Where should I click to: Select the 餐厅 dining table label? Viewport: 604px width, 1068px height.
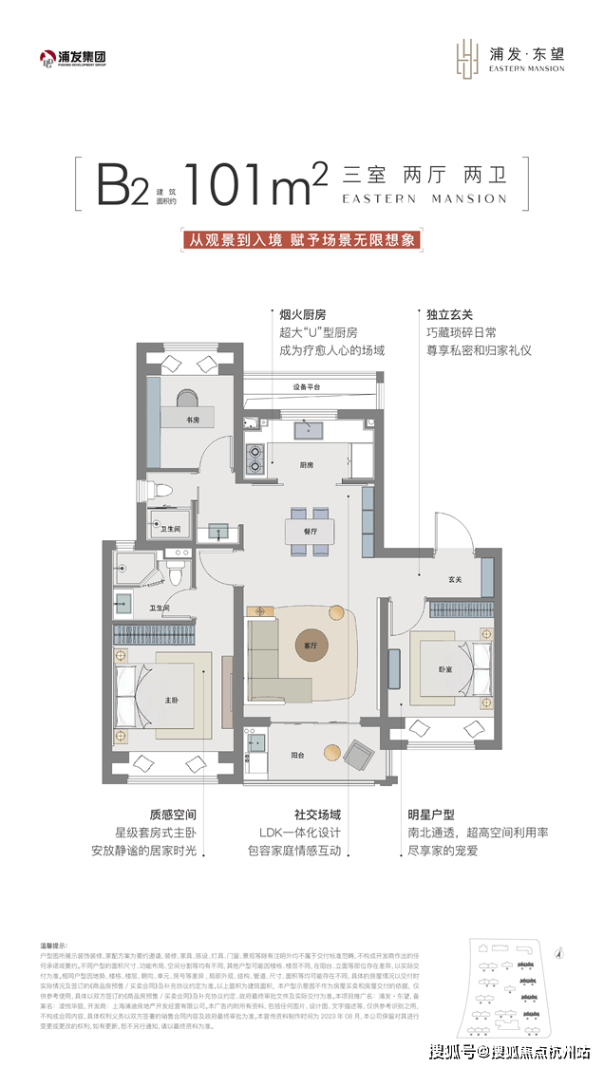pyautogui.click(x=310, y=532)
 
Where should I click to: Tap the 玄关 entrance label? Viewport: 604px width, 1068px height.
pyautogui.click(x=455, y=580)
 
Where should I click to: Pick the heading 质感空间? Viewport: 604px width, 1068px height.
pyautogui.click(x=171, y=814)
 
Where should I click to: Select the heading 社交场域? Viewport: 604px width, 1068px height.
pyautogui.click(x=317, y=814)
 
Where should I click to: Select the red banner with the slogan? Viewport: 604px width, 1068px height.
pyautogui.click(x=301, y=240)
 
